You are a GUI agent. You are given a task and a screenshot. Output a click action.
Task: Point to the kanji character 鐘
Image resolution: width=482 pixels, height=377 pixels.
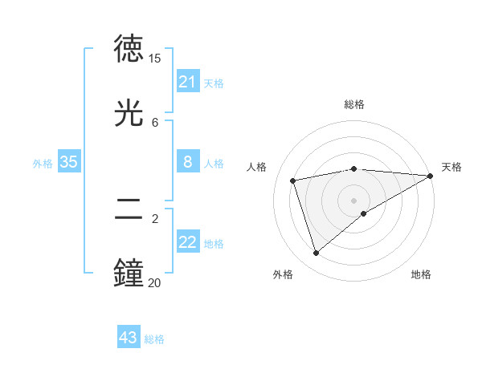point(130,273)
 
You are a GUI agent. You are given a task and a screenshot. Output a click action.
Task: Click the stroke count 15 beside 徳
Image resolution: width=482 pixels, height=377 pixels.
point(155,59)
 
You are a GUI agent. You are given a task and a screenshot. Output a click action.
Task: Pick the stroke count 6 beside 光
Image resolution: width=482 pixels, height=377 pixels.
point(155,122)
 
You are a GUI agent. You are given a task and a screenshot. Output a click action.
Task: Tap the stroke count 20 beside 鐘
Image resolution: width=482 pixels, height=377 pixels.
point(155,282)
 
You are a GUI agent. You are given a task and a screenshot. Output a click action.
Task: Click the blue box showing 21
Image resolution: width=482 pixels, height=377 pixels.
point(188,82)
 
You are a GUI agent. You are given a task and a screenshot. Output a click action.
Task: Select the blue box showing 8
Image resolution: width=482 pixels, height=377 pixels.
point(188,162)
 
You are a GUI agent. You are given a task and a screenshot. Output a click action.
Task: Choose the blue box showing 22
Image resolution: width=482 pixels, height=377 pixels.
point(188,242)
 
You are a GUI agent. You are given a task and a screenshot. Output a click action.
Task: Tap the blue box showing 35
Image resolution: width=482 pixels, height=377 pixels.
point(69,162)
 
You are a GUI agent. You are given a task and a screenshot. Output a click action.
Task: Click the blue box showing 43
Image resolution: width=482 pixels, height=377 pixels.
point(129,338)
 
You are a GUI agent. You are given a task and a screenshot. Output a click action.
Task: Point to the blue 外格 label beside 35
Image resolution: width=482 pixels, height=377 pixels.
point(43,163)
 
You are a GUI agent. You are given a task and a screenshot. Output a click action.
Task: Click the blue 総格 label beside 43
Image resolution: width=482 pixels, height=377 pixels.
point(154,339)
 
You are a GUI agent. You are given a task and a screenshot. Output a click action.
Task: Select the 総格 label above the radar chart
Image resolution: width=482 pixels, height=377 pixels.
point(354,104)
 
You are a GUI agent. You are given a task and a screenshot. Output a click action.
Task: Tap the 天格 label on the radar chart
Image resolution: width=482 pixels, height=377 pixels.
point(451,167)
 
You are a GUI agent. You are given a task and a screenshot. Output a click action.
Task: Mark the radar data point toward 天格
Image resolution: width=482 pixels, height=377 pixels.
point(431,176)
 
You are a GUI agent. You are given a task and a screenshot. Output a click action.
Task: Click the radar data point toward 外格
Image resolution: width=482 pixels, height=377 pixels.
point(316,253)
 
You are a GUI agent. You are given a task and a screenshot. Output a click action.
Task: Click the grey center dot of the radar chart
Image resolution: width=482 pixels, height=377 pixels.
point(354,201)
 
